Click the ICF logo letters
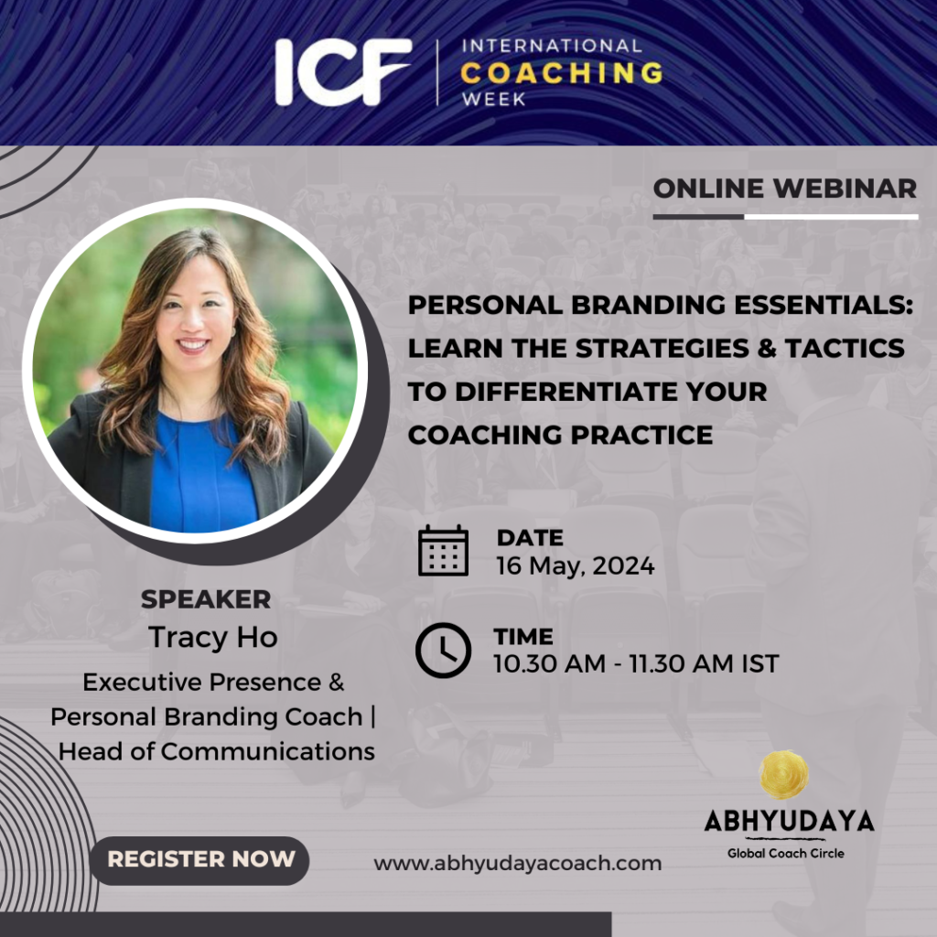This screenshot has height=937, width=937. tap(344, 70)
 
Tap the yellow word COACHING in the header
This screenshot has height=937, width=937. tap(562, 71)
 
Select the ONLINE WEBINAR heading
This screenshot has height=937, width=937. tap(785, 188)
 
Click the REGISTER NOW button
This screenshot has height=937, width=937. tap(201, 859)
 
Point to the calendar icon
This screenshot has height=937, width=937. tap(443, 551)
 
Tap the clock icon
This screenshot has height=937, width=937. tap(443, 650)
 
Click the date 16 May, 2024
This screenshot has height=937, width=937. tap(576, 565)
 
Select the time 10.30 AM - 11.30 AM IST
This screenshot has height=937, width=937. tap(636, 663)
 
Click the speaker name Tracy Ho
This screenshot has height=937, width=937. tap(212, 637)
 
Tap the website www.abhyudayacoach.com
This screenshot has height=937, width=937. tap(517, 863)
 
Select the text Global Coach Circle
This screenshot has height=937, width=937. tap(785, 853)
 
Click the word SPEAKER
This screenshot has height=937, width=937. tap(206, 599)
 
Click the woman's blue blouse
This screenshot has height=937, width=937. tap(203, 476)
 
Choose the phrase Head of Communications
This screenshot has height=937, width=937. tap(218, 751)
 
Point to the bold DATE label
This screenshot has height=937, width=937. tap(530, 538)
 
